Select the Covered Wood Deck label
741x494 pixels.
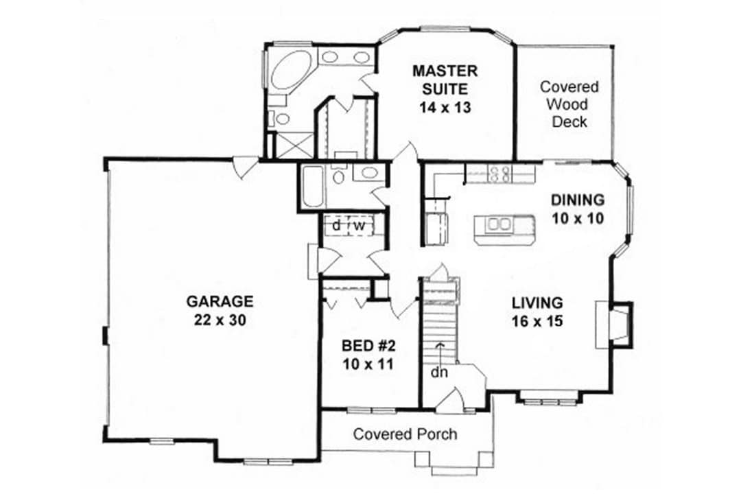569,104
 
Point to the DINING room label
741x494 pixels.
578,200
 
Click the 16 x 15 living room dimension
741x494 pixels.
537,320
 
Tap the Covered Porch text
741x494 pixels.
405,434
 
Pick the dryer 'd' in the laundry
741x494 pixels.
337,225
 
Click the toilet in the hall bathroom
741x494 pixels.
338,177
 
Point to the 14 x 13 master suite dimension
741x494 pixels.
445,108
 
